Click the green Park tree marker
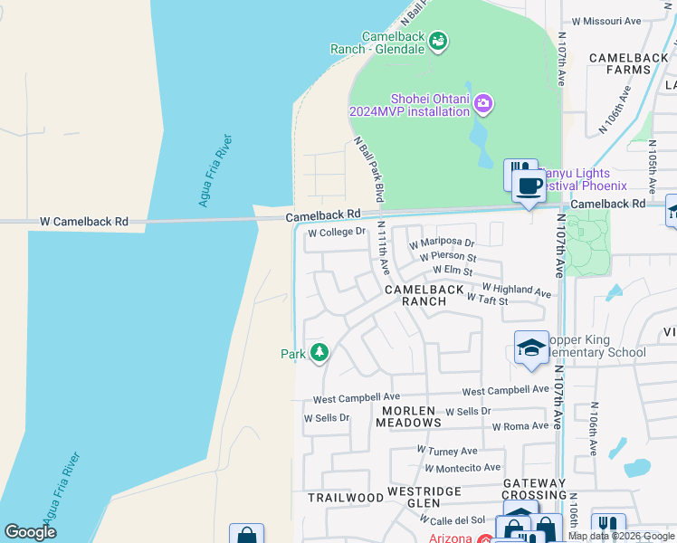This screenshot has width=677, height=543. tap(319, 352)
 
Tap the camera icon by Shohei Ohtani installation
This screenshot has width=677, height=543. tap(483, 103)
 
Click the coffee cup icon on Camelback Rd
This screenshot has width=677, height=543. tap(529, 187)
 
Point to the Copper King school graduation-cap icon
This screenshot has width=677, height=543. tap(531, 348)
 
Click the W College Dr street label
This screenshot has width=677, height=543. tap(337, 233)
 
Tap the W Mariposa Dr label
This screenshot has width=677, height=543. tap(442, 243)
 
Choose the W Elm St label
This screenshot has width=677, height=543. tap(453, 271)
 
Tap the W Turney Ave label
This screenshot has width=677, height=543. tap(447, 451)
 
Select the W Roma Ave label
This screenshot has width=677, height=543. tap(520, 426)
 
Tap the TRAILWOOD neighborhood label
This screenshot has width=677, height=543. tap(346, 498)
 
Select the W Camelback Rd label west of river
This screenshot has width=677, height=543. tap(84, 222)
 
